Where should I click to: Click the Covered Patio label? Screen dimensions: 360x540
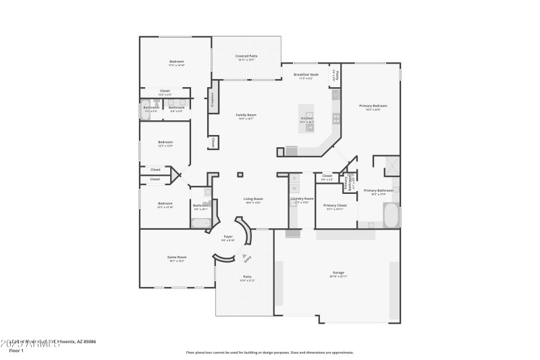point(246,55)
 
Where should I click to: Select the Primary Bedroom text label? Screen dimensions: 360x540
point(373,105)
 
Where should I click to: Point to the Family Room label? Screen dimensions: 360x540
point(246,115)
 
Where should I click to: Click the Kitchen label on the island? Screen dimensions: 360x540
point(307,118)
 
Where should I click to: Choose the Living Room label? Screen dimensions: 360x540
point(253,199)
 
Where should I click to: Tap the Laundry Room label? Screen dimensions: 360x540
point(302,199)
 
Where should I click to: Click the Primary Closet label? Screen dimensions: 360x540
point(335,205)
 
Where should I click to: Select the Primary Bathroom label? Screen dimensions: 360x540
point(378,190)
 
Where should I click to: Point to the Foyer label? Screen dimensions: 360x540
point(228,236)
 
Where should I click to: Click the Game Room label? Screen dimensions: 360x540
point(177,257)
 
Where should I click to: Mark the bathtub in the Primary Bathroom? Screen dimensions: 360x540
point(391,215)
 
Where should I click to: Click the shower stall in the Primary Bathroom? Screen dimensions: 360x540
point(391,165)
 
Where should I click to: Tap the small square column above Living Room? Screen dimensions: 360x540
point(240,175)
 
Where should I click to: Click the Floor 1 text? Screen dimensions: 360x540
point(16,351)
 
